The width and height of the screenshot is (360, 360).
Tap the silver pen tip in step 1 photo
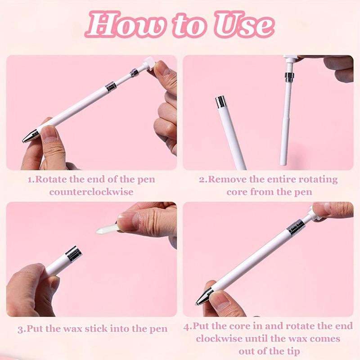click(30, 136)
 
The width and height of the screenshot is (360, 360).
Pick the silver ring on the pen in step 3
click(73, 253)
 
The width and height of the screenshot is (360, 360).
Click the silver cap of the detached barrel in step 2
click(220, 102)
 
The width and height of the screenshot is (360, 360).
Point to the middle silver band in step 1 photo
click(111, 87)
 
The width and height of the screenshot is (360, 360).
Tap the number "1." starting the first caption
click(31, 180)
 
